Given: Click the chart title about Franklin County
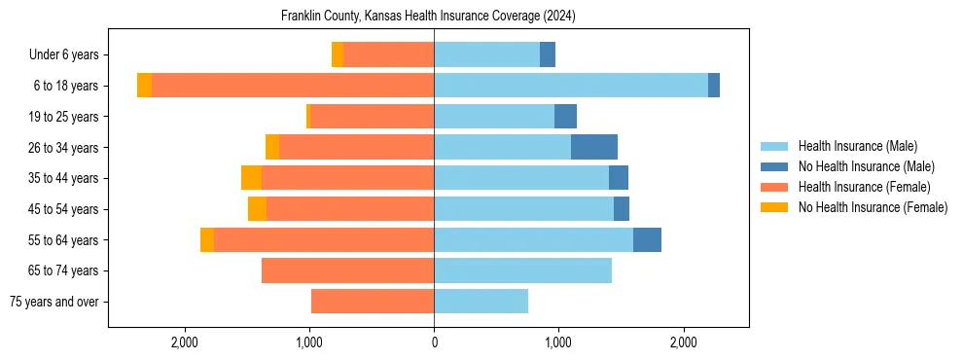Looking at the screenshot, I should point(429,17).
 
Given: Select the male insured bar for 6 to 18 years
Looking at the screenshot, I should point(571,86).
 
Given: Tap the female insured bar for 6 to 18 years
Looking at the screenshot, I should point(293,86).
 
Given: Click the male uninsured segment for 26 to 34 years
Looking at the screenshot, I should point(594,147).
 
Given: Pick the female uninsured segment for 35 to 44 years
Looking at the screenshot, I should point(251,178).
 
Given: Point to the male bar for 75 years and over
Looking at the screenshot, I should point(481,302).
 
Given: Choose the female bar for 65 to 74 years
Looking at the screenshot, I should point(347,270).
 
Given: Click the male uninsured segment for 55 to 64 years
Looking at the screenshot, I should point(647,239).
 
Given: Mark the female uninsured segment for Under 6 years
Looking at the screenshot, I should point(338,54).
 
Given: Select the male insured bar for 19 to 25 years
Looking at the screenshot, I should point(494,117).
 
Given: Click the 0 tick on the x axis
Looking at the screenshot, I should point(434,342).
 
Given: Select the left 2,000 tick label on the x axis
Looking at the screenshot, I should point(185,342).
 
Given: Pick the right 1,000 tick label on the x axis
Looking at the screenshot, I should point(558,342).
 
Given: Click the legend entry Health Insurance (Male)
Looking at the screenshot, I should point(857,146).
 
